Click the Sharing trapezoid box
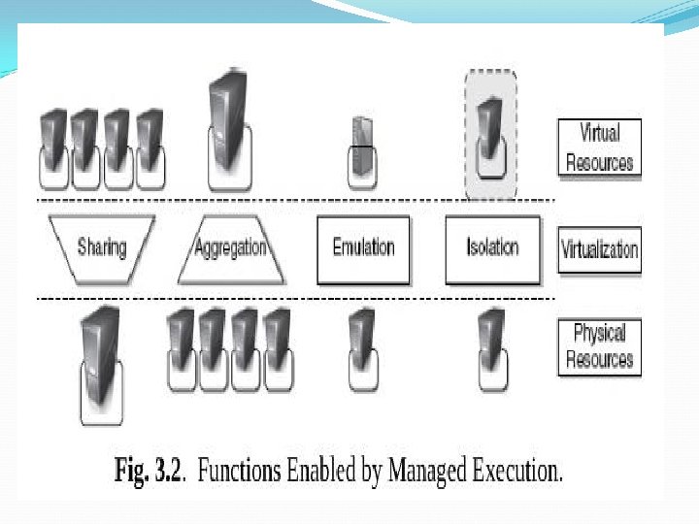tap(101, 248)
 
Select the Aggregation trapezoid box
tap(230, 248)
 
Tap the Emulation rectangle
tap(363, 248)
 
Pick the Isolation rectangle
tap(492, 248)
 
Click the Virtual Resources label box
tap(599, 147)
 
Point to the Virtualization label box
tap(599, 248)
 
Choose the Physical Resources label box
tap(599, 346)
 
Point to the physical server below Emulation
tap(362, 340)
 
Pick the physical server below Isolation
tap(491, 340)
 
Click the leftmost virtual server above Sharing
tap(54, 142)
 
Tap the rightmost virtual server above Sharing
tap(150, 142)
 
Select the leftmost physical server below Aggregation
tap(182, 342)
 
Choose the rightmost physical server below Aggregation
tap(277, 342)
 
